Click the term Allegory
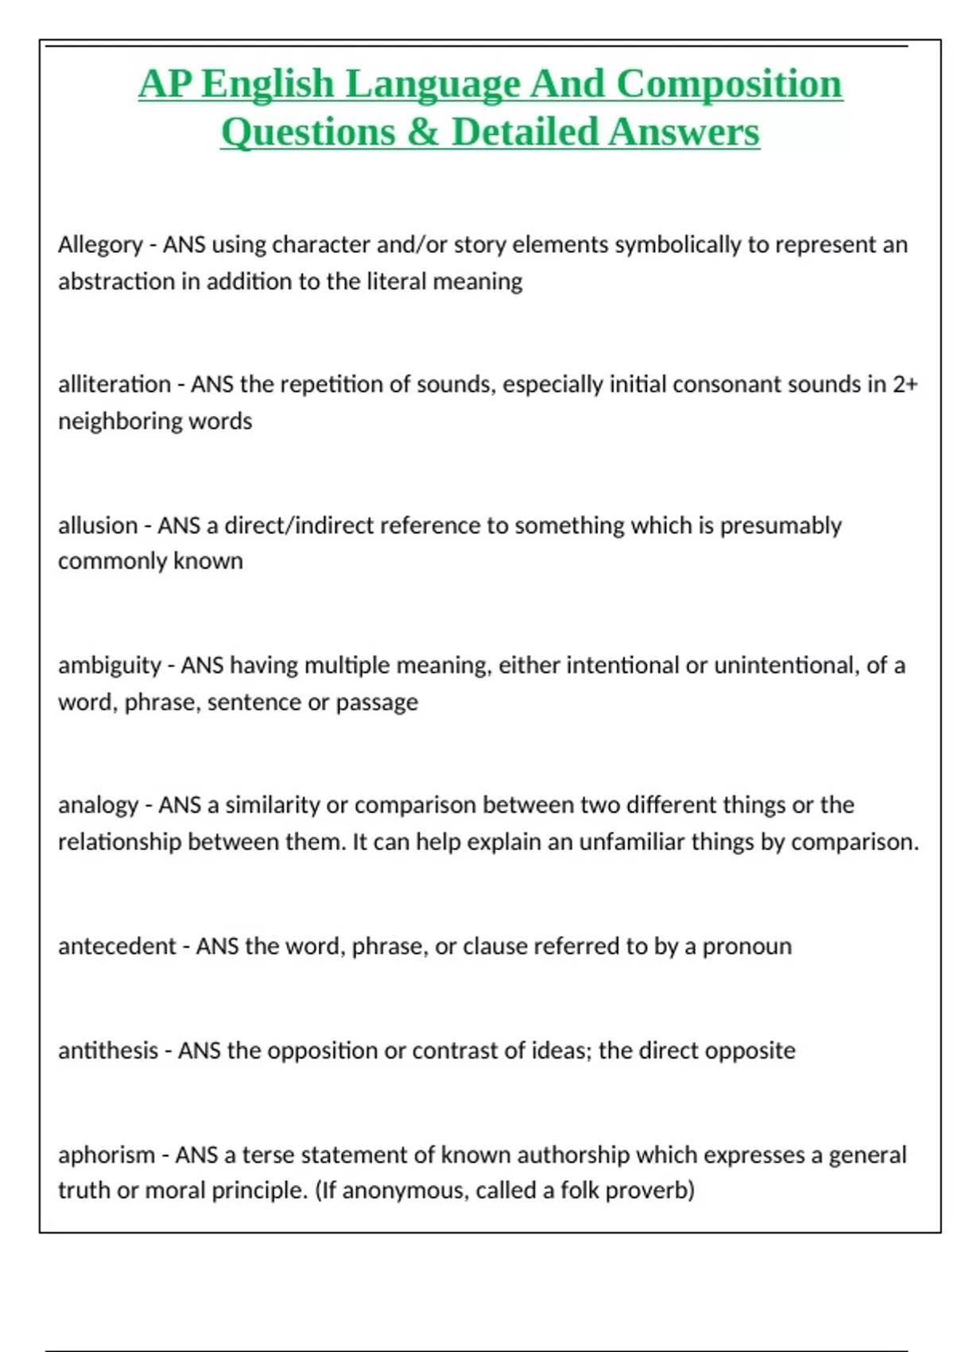100,245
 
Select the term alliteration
114,385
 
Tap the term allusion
98,526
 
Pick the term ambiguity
110,666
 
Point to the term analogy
99,806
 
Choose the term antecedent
117,946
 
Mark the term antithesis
108,1051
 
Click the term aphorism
107,1155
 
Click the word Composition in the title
729,84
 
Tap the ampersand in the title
421,132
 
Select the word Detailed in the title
525,132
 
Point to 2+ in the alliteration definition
905,385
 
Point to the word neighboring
120,422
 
